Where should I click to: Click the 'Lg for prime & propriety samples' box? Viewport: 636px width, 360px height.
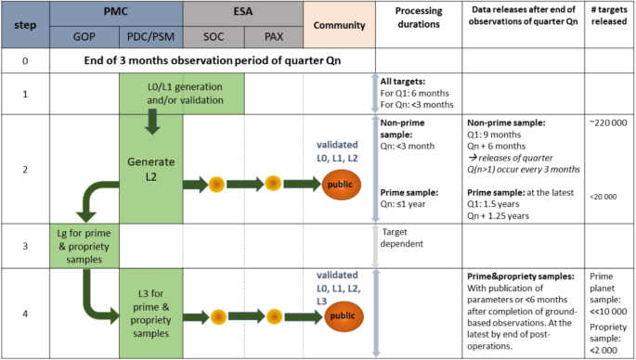pos(84,245)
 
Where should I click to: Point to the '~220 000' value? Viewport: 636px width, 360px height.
pos(609,123)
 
